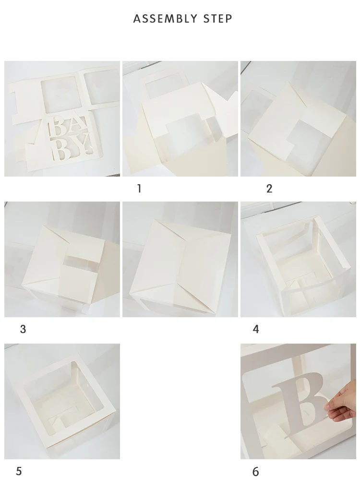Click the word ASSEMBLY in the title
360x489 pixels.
[x=165, y=19]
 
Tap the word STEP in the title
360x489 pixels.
[x=218, y=19]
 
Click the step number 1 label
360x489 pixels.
[x=139, y=189]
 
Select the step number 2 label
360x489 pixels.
[x=269, y=189]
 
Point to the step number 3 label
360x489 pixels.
[x=23, y=329]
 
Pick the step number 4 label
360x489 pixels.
[x=256, y=329]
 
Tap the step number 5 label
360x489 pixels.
[x=19, y=471]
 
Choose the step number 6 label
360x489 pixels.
[x=255, y=472]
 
